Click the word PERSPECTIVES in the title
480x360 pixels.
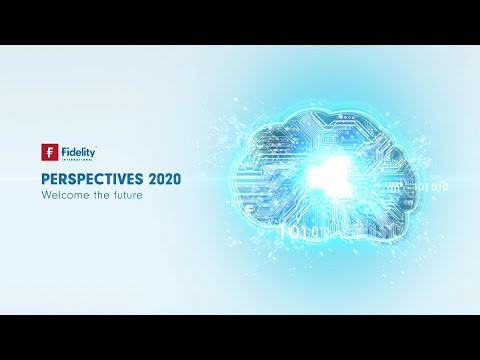coord(89,178)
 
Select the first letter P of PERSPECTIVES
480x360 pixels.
coord(45,178)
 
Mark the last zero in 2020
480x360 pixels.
coord(176,178)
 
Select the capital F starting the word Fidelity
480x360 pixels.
coord(64,151)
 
